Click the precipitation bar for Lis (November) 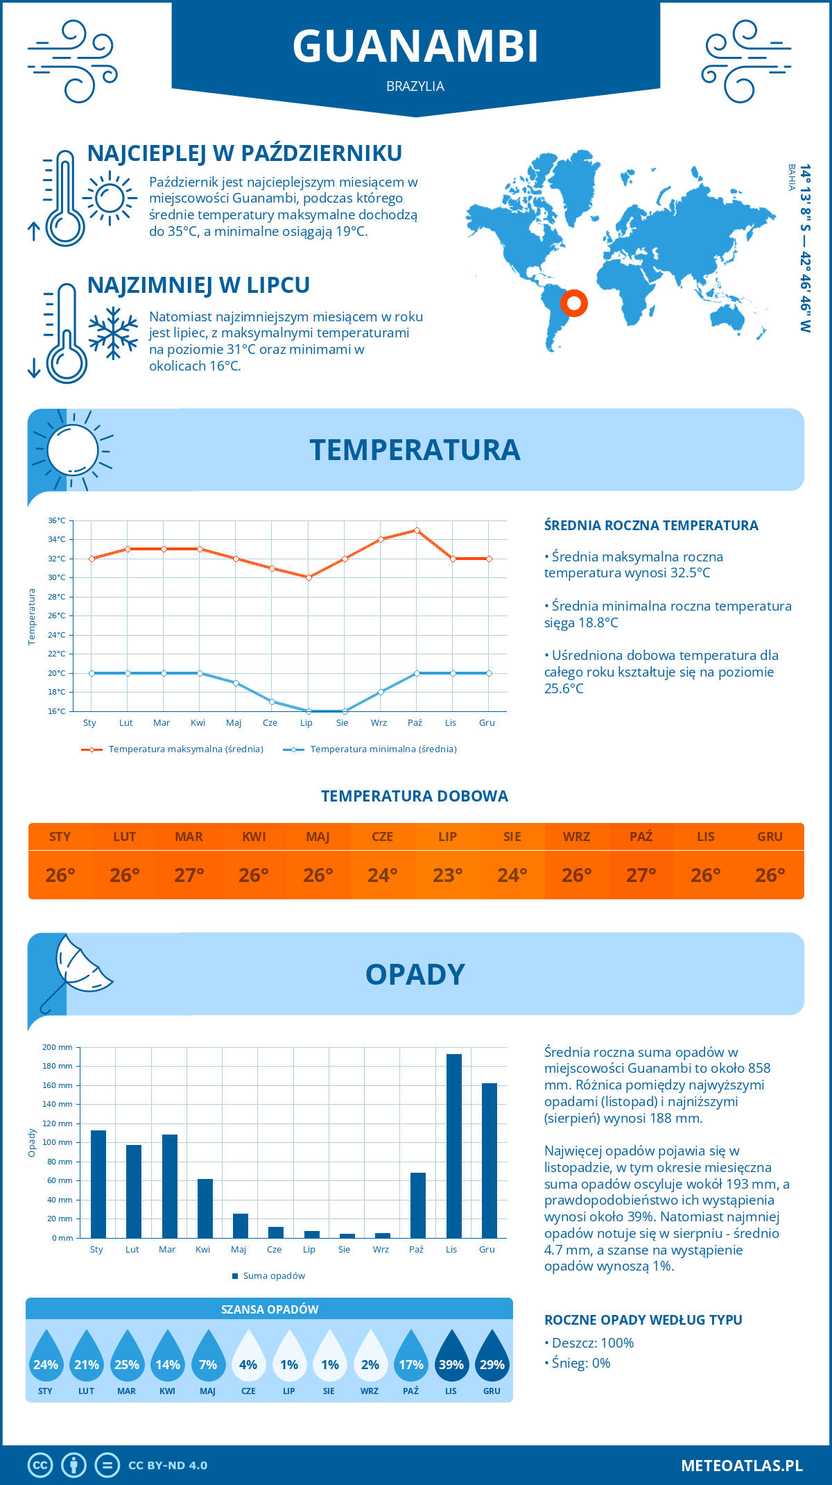point(453,1146)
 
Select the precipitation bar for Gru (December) point(489,1160)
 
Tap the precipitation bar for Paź point(417,1205)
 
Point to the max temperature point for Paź point(417,530)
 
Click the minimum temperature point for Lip point(309,711)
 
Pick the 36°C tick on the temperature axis point(57,520)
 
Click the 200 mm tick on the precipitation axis point(58,1047)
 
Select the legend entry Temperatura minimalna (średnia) point(383,749)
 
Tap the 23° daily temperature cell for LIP point(447,875)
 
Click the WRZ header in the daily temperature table point(576,837)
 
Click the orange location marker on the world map point(574,303)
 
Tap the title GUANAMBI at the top point(415,46)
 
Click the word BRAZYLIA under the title point(415,87)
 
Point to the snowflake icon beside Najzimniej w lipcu point(113,333)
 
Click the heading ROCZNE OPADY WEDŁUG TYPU point(643,1320)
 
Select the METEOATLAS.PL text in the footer point(741,1466)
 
